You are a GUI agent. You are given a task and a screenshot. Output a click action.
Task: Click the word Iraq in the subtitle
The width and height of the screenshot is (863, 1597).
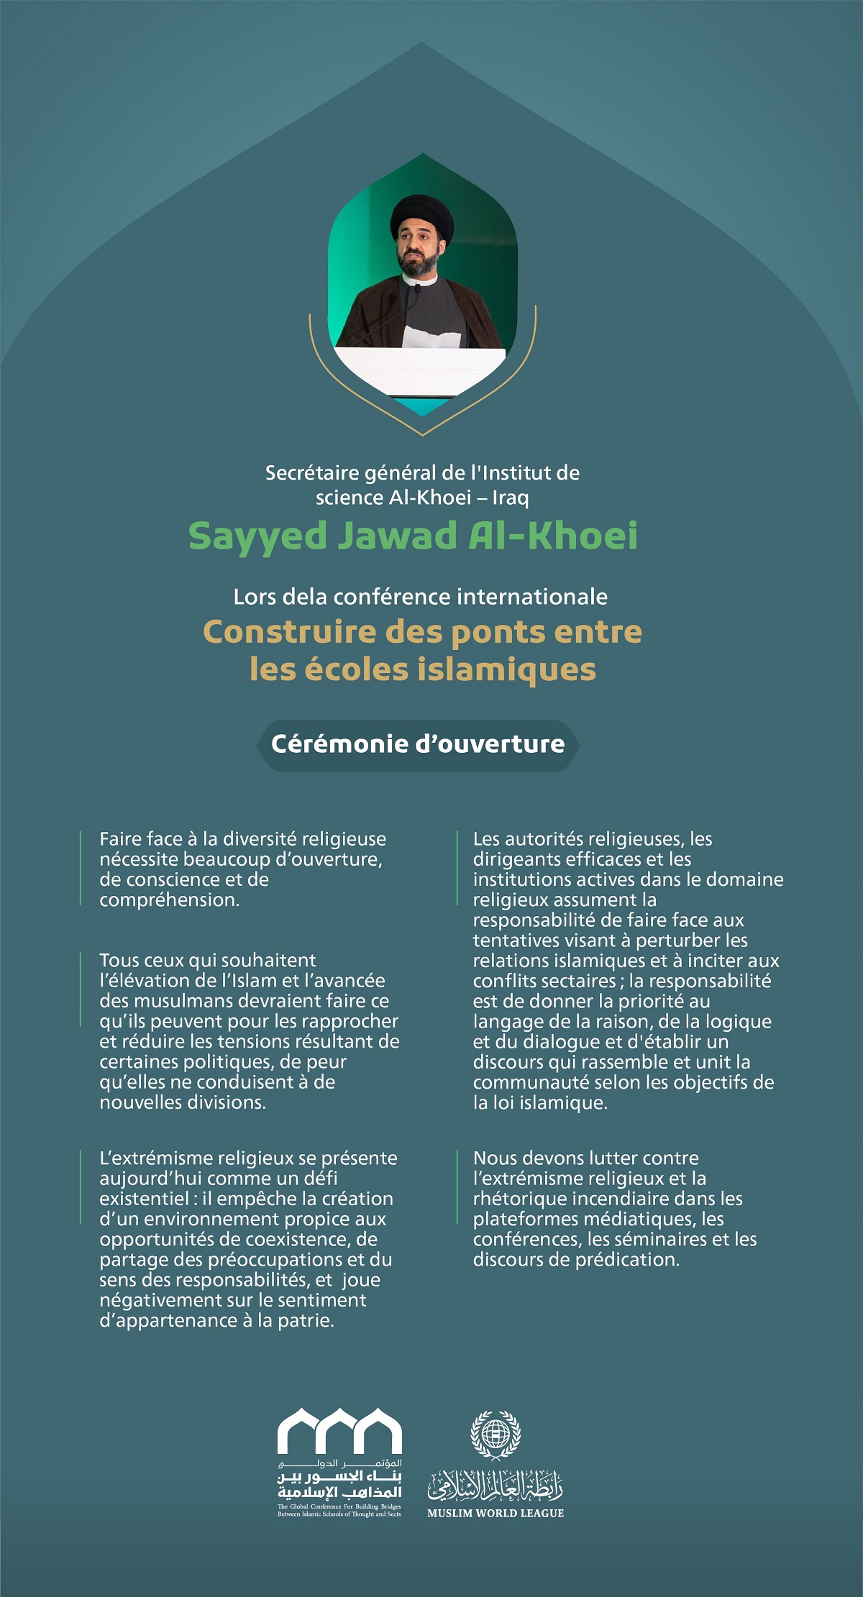coord(511,498)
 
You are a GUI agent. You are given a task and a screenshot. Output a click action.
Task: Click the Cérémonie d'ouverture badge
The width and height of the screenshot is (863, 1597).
coord(418,744)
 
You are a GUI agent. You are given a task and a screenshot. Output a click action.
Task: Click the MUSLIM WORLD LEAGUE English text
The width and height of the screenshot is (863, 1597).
coord(496,1513)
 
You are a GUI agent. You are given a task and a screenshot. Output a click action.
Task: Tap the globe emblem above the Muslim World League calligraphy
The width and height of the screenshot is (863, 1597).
coord(496,1434)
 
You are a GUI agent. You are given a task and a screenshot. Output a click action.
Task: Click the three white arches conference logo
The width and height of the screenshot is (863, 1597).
coord(339,1431)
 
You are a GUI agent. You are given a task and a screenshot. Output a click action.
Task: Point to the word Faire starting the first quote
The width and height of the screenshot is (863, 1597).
coord(120,839)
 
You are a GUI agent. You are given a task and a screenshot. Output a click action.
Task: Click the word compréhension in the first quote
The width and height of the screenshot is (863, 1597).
coord(169,900)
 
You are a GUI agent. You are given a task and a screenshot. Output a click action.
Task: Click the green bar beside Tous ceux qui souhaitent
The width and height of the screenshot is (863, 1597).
coord(81,989)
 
